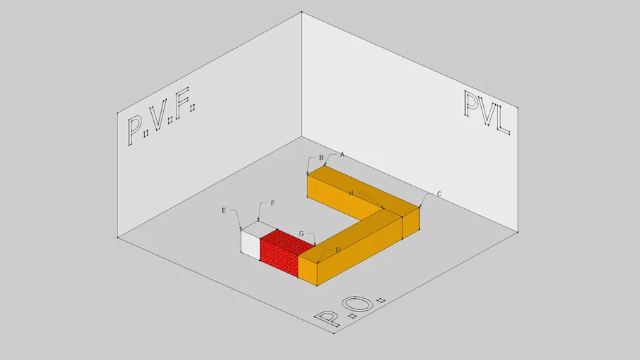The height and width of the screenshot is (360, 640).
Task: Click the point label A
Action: [343, 155]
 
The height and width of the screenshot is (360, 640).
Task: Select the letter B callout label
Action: [321, 157]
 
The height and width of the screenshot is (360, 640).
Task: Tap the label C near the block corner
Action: [439, 194]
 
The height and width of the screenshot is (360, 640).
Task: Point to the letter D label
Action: [338, 250]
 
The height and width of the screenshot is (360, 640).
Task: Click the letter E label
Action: [224, 211]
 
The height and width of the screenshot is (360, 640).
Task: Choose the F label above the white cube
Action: [273, 203]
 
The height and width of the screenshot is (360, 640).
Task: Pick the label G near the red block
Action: [301, 234]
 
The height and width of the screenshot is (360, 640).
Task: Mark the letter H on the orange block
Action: [351, 193]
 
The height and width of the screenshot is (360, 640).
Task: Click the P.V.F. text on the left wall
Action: [161, 116]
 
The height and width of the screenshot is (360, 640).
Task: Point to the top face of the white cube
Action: [259, 227]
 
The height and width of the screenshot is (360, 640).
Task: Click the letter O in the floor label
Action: [361, 305]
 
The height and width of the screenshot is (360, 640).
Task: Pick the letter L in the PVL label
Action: [504, 120]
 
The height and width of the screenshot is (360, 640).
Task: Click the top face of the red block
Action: [288, 238]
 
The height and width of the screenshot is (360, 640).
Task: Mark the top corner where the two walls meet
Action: [301, 12]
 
